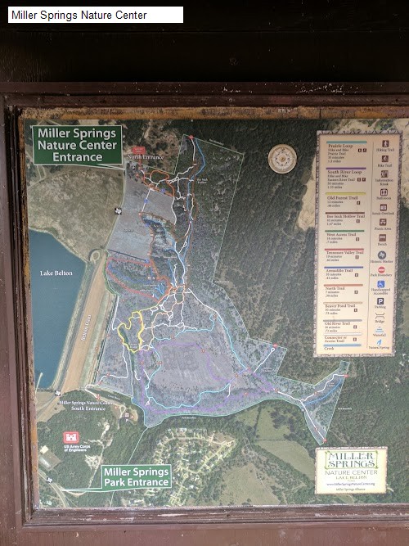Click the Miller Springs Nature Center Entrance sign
click(x=77, y=145)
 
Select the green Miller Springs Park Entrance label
click(x=136, y=476)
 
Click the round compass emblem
click(x=281, y=157)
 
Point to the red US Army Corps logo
click(x=71, y=440)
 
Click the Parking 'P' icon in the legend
click(x=380, y=301)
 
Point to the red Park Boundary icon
click(x=381, y=269)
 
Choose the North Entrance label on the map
click(x=145, y=156)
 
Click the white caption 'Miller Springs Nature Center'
click(x=80, y=15)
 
